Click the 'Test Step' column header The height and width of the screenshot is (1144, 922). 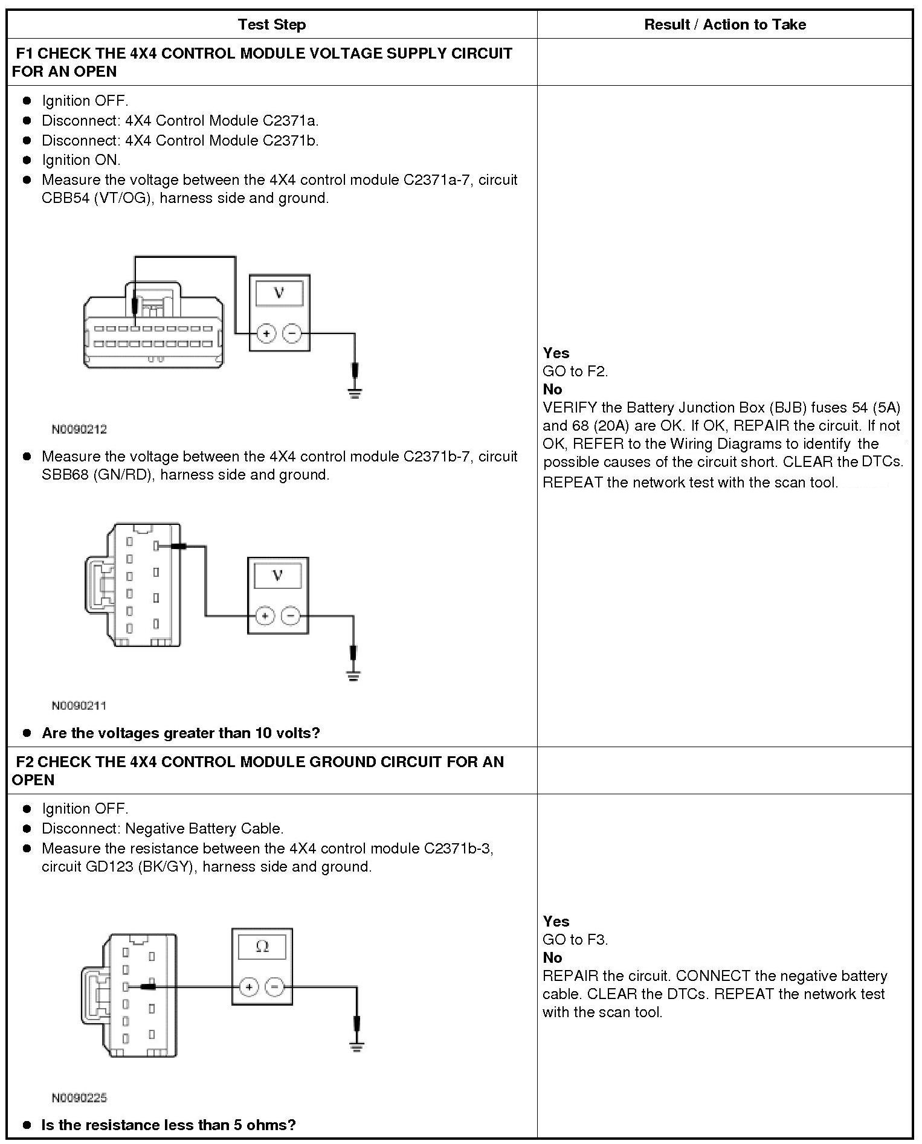pos(272,25)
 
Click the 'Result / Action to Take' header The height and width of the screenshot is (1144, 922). pos(724,25)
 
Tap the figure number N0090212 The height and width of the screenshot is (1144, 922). pos(79,429)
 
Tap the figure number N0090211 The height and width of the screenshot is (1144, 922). pos(79,705)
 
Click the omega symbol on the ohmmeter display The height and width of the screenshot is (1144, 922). pos(262,946)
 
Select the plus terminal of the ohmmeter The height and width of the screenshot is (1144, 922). pos(248,988)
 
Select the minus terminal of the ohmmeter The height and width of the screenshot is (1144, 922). pos(275,988)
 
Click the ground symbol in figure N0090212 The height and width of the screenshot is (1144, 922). pos(355,394)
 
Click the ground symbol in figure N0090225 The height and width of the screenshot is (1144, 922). pos(357,1047)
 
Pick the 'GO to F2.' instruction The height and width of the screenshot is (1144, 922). pos(575,371)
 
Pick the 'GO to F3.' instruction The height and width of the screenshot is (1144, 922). pos(575,940)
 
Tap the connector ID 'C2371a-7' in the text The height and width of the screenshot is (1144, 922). pos(438,180)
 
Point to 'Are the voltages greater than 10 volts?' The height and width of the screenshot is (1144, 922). pos(181,733)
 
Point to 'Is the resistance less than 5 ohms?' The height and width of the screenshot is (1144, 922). pos(169,1125)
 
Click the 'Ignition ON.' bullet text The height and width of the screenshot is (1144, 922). pos(81,160)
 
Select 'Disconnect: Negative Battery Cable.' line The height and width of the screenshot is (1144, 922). pos(163,828)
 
